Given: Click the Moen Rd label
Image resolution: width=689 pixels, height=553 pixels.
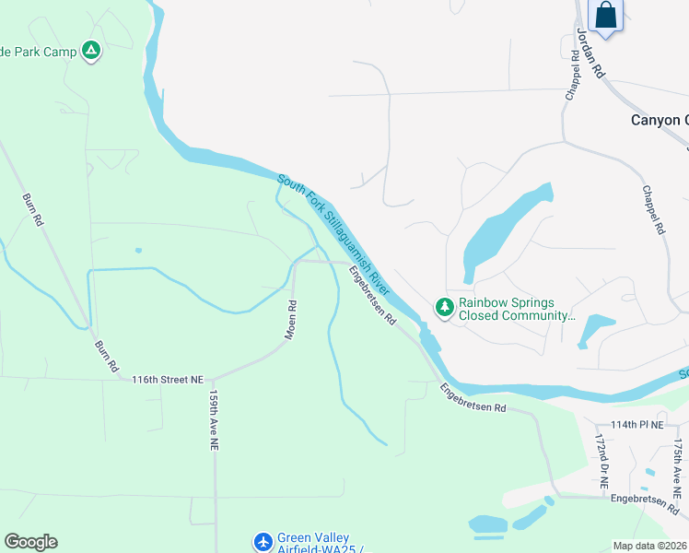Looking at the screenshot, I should pyautogui.click(x=290, y=320).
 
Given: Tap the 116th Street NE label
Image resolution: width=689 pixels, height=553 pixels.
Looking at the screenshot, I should pyautogui.click(x=167, y=380).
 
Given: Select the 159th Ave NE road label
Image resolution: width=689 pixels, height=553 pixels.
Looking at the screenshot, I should pyautogui.click(x=213, y=419).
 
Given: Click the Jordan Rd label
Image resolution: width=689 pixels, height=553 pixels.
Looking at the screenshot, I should pyautogui.click(x=589, y=52).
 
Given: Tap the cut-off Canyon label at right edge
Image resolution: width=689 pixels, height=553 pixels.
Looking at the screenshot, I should pyautogui.click(x=659, y=120).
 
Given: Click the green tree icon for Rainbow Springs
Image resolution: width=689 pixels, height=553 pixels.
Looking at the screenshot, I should pyautogui.click(x=444, y=307).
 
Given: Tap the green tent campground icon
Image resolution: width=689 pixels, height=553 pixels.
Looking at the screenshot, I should pyautogui.click(x=90, y=52).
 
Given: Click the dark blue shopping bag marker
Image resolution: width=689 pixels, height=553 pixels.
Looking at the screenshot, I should pyautogui.click(x=605, y=16).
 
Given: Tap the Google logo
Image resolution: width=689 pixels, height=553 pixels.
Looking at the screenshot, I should pyautogui.click(x=30, y=542).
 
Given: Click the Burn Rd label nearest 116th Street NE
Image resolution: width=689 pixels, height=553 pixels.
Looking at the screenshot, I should pyautogui.click(x=107, y=355).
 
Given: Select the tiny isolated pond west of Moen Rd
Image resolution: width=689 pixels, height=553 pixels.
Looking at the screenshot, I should pyautogui.click(x=138, y=250).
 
